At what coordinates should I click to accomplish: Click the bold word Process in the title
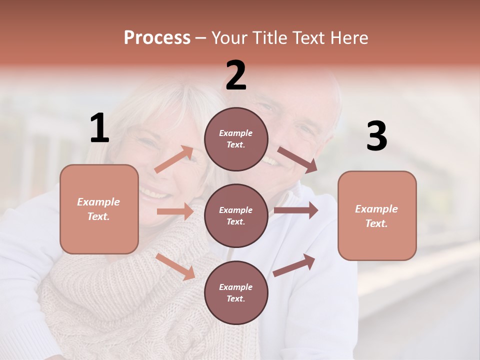point(157,37)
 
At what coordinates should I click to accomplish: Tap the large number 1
point(99,128)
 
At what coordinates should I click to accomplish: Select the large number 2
point(236,76)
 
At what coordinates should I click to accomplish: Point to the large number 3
point(376,136)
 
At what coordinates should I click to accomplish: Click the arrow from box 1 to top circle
point(174,159)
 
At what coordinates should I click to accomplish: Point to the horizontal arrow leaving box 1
point(175,211)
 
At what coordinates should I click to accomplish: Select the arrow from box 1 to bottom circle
point(175,266)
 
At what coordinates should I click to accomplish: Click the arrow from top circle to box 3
point(297,159)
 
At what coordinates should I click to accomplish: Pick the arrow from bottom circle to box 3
point(294,265)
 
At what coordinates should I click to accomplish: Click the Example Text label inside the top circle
point(236,138)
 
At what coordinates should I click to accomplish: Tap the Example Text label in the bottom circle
point(236,292)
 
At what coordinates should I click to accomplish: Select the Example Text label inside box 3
point(376,216)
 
